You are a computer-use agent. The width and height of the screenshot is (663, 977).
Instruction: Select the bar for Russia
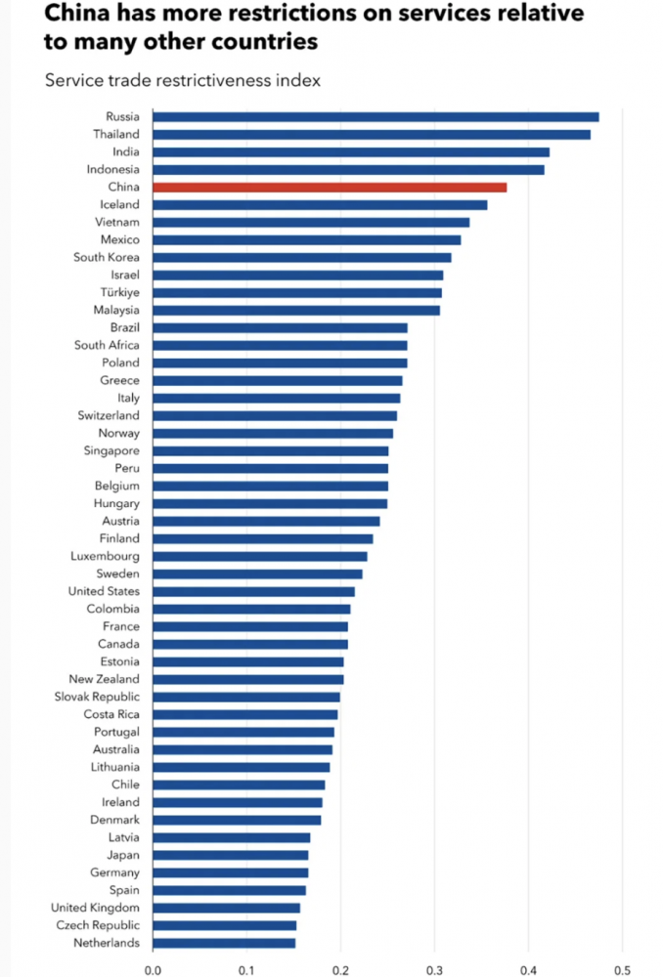(x=376, y=116)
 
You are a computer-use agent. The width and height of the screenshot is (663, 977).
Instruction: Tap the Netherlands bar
(x=224, y=943)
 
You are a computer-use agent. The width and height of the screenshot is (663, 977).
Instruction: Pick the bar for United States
(x=253, y=591)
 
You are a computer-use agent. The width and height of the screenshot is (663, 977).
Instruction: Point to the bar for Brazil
(x=280, y=327)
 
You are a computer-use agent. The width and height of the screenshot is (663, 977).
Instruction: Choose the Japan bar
(x=230, y=855)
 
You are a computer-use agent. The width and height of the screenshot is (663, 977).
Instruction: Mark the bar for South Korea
(x=301, y=257)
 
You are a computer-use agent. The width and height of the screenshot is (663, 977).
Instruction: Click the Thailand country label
(x=116, y=134)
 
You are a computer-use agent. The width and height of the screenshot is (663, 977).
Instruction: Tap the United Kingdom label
(x=95, y=908)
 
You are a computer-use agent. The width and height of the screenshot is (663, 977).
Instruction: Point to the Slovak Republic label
(x=97, y=697)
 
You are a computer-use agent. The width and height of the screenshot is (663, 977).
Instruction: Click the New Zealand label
(x=104, y=679)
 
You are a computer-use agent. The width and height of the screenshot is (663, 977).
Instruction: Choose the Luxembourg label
(x=105, y=556)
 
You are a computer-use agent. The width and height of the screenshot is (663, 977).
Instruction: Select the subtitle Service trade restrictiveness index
(x=182, y=80)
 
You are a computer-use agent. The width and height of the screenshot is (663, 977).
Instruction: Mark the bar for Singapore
(x=270, y=450)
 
